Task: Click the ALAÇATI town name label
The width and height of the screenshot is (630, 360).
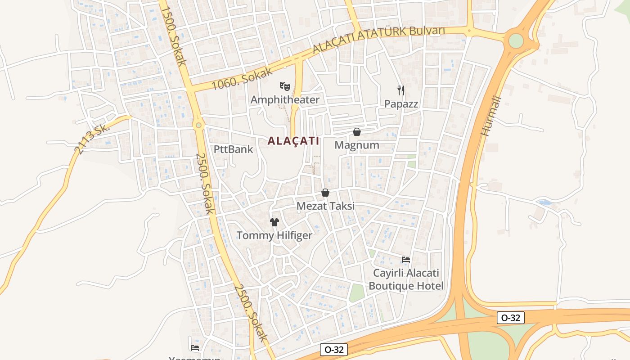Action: coord(293,141)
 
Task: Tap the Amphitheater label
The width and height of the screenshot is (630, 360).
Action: coord(285,99)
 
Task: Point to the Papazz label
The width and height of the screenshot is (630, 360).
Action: coord(401,104)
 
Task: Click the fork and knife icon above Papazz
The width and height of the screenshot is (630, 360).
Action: coord(401,90)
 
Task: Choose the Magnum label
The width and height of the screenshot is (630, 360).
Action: coord(357,145)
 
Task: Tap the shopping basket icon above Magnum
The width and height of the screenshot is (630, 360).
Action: coord(357,132)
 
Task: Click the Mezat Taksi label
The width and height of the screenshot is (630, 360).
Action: coord(325,206)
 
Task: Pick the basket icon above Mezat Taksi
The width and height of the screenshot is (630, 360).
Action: coord(325,193)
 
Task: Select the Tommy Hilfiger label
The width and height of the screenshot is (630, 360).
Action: coord(274,235)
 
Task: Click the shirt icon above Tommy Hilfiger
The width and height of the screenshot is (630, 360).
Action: coord(274,222)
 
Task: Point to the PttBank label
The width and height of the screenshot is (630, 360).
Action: coord(234,149)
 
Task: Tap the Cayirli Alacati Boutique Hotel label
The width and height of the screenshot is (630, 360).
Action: coord(406,279)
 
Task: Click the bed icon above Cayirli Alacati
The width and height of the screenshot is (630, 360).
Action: coord(405,260)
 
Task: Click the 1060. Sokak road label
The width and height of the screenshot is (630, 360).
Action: coord(242,78)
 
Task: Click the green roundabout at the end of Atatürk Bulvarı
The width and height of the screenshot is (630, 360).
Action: coord(516,41)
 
